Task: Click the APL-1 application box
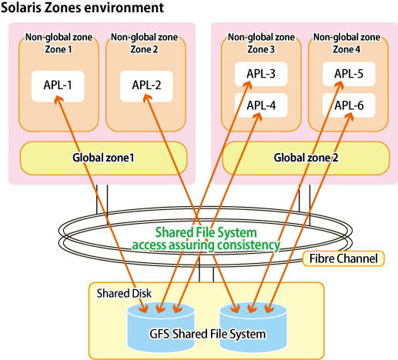[58, 86]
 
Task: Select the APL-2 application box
[146, 86]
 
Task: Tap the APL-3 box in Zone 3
[261, 74]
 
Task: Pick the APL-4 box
[261, 105]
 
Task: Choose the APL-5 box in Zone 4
[349, 74]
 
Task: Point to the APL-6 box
[349, 105]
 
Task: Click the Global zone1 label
[103, 158]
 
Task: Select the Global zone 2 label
[306, 158]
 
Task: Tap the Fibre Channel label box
[343, 258]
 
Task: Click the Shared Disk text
[124, 293]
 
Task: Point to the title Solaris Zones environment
[82, 8]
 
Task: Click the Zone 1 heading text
[59, 49]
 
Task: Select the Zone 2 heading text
[144, 49]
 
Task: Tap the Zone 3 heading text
[261, 49]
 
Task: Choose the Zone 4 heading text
[346, 49]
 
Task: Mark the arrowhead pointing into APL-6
[350, 117]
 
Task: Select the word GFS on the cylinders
[159, 334]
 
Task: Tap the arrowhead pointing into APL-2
[147, 98]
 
